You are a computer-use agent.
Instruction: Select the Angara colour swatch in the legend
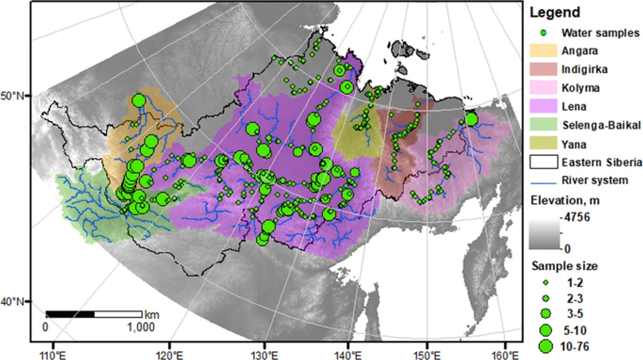(x=543, y=51)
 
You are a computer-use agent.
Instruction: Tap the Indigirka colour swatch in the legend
(x=543, y=69)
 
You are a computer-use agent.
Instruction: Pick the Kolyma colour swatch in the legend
(x=543, y=88)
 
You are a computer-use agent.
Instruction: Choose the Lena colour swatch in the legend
(x=543, y=106)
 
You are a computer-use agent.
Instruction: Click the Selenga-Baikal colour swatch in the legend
(x=543, y=125)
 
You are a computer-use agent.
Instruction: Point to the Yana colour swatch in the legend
(x=543, y=143)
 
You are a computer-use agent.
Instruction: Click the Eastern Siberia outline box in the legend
(x=543, y=162)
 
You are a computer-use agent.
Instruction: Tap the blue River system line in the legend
(x=543, y=181)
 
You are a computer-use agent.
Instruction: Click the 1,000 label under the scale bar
(x=141, y=327)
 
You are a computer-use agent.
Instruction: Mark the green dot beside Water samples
(x=543, y=33)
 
